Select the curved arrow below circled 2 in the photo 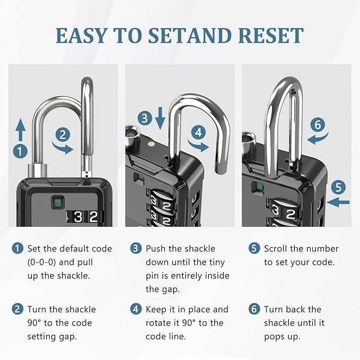click(x=65, y=148)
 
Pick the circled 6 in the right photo click(x=317, y=125)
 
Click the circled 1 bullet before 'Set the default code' click(x=19, y=249)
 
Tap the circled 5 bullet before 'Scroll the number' click(x=254, y=249)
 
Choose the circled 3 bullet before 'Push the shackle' click(x=136, y=249)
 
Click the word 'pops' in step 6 click(x=276, y=337)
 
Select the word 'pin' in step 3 click(x=153, y=276)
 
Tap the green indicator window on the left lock click(x=55, y=202)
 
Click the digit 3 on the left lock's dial click(x=78, y=216)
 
